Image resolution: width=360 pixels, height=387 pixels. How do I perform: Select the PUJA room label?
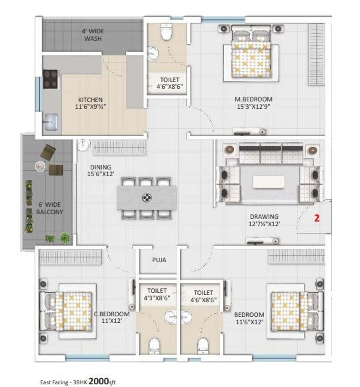click(x=159, y=260)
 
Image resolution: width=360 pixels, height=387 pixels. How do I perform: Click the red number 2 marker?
click(x=317, y=218)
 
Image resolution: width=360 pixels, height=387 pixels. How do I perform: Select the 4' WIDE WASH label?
click(x=93, y=35)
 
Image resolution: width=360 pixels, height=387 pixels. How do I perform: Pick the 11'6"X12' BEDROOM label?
click(x=249, y=319)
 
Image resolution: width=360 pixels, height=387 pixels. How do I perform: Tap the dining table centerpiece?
click(x=147, y=198)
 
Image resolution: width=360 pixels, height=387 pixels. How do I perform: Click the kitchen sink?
click(x=51, y=121)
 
